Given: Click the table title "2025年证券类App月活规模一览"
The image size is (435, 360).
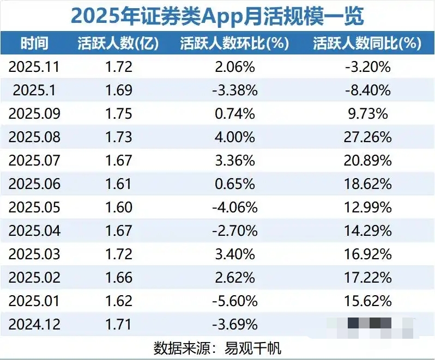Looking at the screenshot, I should pos(217,16).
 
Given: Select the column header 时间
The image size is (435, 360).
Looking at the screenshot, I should pos(34,44).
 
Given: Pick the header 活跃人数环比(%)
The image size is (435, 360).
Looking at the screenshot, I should pos(234,44).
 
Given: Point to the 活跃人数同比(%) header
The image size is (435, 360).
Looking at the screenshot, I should pos(367,44).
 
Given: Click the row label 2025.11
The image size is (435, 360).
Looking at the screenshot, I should pos(34,67).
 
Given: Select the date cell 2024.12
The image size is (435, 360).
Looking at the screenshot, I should pos(34,325).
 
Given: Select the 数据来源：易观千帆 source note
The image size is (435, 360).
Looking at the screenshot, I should pos(217,347).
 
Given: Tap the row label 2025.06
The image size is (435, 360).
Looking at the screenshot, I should pos(34,184).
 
